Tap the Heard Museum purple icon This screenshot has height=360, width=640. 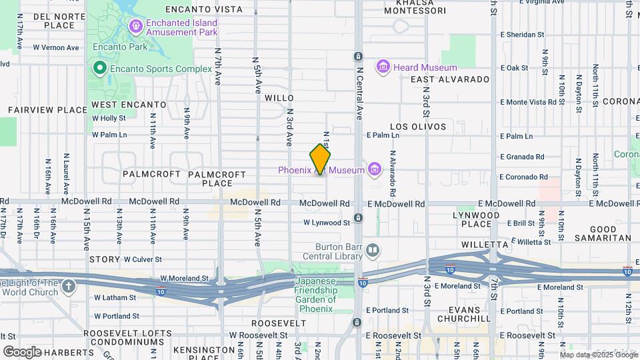point(383,67)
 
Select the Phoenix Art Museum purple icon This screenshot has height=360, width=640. point(374,170)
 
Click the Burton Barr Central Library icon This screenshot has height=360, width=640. point(373,251)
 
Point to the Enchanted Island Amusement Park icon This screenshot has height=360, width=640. point(135,27)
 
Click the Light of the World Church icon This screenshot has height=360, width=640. point(68,287)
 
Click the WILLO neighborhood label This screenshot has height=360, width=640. point(279,98)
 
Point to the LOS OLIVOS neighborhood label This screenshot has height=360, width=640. point(417,126)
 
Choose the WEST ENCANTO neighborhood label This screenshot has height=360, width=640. point(129,105)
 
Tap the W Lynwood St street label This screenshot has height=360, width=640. point(327,223)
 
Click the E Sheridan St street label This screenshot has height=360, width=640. point(522,34)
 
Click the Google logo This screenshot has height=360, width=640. point(21,351)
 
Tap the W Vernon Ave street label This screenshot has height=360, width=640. point(55,47)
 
